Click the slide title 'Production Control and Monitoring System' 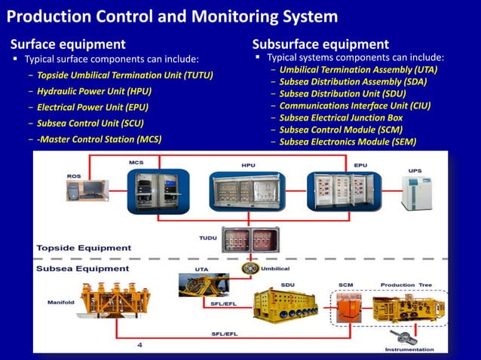pyautogui.click(x=177, y=16)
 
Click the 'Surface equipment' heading pyautogui.click(x=67, y=44)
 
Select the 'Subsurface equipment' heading pyautogui.click(x=320, y=44)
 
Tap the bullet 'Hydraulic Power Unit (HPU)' pyautogui.click(x=94, y=91)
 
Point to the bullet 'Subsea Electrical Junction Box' pyautogui.click(x=341, y=117)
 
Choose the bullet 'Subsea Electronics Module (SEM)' pyautogui.click(x=347, y=142)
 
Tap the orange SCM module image pyautogui.click(x=348, y=310)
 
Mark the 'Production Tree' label pyautogui.click(x=408, y=285)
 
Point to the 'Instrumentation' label pyautogui.click(x=409, y=349)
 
